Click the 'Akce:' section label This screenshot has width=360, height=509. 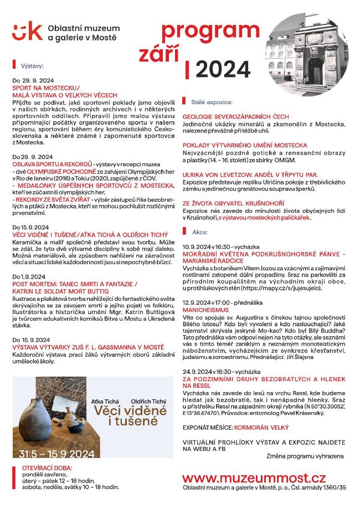pos(199,232)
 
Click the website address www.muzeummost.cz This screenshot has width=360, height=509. pos(254,477)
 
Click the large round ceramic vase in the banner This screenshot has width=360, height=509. pos(40,421)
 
